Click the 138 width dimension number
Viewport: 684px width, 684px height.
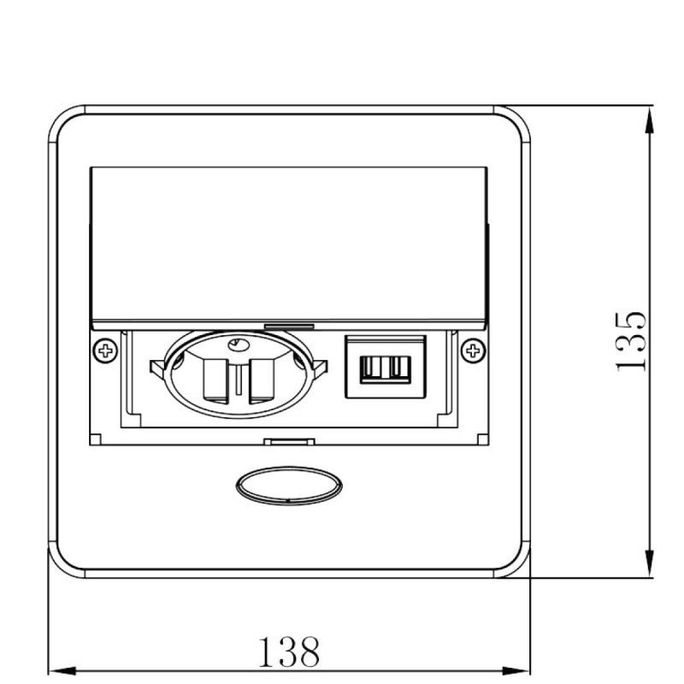[x=289, y=652]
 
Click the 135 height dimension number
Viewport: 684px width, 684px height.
[x=630, y=341]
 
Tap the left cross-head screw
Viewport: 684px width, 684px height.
[x=105, y=351]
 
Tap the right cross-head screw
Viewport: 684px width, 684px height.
[x=474, y=351]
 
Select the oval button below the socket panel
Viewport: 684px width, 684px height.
[x=289, y=486]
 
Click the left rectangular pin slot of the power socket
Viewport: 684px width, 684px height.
[x=215, y=380]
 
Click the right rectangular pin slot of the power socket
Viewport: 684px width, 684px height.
[x=262, y=380]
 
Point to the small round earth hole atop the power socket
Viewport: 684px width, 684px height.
[x=239, y=345]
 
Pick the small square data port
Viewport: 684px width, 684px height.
[x=386, y=367]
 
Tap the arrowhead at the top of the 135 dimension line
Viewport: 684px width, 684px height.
[x=650, y=121]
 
